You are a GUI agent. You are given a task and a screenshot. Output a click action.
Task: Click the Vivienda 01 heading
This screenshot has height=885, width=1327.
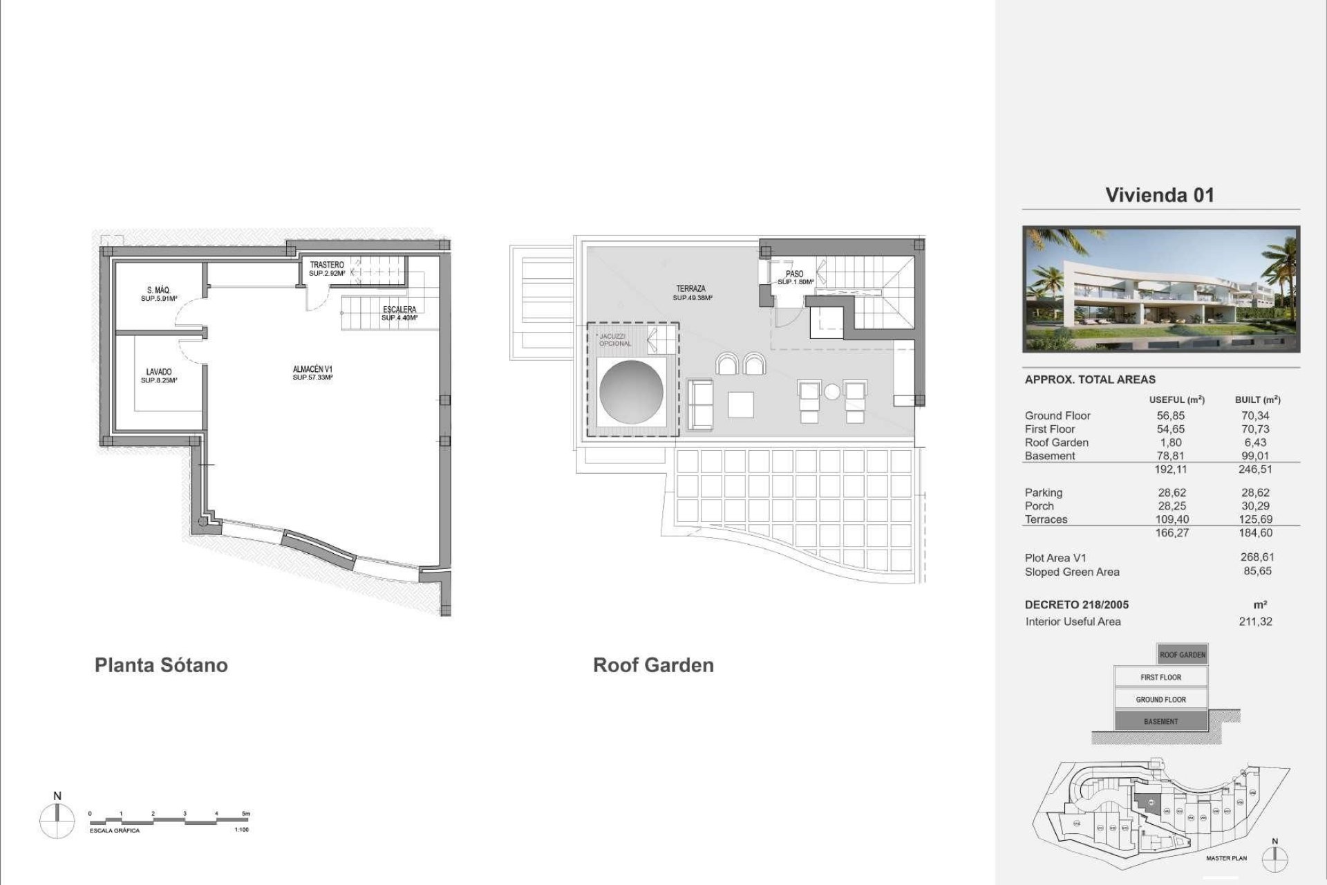[1160, 195]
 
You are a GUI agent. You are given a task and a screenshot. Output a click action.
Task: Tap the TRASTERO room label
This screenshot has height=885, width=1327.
[327, 265]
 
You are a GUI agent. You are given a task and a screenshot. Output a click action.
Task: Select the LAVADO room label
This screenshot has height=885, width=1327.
[159, 373]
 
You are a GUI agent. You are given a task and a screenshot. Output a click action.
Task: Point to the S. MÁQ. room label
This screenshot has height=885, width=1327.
[159, 291]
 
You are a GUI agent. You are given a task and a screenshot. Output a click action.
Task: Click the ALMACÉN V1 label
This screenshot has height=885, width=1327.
[312, 370]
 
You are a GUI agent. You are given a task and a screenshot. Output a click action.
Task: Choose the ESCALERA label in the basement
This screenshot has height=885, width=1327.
[399, 310]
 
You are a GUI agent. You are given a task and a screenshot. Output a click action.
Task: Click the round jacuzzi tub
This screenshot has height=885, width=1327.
[632, 392]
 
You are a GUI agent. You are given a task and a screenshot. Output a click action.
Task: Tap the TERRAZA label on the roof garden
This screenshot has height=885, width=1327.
[691, 289]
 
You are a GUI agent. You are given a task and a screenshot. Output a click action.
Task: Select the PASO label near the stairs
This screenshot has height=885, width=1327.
[795, 274]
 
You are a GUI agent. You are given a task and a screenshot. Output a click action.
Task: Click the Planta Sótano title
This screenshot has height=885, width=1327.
[161, 665]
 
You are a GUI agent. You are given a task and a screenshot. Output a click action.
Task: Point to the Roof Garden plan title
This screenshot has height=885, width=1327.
[653, 665]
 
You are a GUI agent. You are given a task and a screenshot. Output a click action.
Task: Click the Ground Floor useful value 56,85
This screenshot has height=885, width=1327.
[1171, 416]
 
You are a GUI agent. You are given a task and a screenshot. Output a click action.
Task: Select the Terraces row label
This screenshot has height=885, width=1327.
[1046, 519]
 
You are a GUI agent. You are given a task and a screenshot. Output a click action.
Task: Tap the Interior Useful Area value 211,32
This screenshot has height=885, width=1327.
[1255, 622]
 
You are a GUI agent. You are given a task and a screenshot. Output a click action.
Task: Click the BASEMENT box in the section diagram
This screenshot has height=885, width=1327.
[1160, 721]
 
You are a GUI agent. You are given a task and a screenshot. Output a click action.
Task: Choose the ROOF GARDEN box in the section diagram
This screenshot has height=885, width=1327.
[1183, 655]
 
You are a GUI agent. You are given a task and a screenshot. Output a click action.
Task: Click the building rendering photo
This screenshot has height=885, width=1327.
[1161, 290]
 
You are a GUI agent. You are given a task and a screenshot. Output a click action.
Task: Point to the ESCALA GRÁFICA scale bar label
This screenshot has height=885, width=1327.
[115, 830]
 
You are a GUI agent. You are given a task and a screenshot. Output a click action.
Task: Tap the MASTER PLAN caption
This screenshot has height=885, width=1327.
[1227, 858]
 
